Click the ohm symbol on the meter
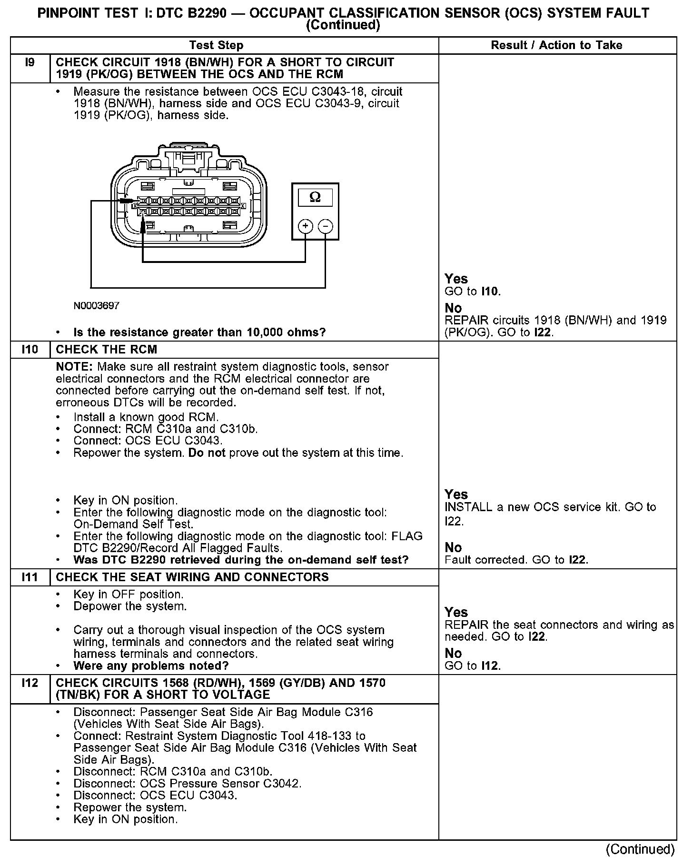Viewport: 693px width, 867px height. pos(315,197)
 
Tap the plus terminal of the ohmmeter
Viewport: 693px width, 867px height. pos(305,226)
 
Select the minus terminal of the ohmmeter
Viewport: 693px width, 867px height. pos(326,226)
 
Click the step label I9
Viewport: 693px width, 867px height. pos(30,62)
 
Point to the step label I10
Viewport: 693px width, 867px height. pos(30,350)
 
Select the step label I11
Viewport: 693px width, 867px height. pos(30,577)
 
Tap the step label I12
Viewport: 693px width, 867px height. pos(30,683)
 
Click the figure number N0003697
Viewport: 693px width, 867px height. pos(97,306)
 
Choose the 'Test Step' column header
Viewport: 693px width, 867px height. pos(216,46)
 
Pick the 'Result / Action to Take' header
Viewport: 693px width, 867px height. pos(556,46)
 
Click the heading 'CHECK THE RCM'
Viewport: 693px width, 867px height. pos(106,350)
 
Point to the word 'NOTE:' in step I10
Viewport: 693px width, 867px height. pos(74,367)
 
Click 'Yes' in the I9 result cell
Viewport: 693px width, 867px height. pos(456,279)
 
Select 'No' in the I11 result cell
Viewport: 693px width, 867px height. pos(453,653)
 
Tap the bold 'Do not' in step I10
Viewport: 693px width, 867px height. pos(207,453)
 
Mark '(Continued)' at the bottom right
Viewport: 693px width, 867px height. pos(640,849)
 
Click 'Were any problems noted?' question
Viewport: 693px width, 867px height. pos(151,666)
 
